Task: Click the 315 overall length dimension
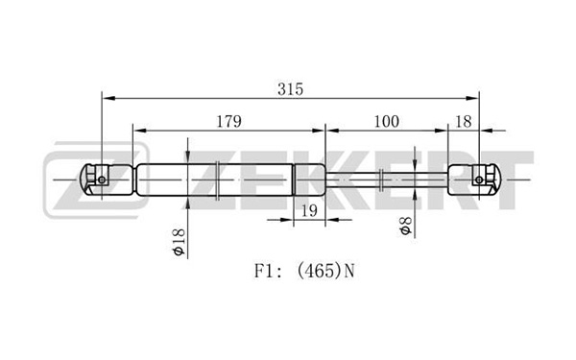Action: pyautogui.click(x=290, y=89)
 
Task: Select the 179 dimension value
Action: pyautogui.click(x=228, y=122)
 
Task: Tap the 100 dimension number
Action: pyautogui.click(x=386, y=122)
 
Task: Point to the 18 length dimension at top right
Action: pyautogui.click(x=464, y=122)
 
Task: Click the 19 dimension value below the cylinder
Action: pyautogui.click(x=309, y=211)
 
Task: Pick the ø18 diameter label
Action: pyautogui.click(x=179, y=242)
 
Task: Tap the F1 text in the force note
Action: pyautogui.click(x=265, y=272)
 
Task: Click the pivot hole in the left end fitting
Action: pyautogui.click(x=102, y=180)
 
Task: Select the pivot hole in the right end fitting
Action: pyautogui.click(x=479, y=180)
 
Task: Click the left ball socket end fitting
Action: pyautogui.click(x=106, y=180)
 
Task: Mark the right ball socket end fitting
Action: pyautogui.click(x=475, y=180)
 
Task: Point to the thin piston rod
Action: pyautogui.click(x=387, y=180)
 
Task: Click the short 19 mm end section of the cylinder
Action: pyautogui.click(x=309, y=180)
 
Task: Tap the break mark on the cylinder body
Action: pyautogui.click(x=218, y=180)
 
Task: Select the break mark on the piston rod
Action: pyautogui.click(x=382, y=180)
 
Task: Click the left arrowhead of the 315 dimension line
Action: pyautogui.click(x=108, y=99)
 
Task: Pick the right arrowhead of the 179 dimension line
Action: pyautogui.click(x=318, y=131)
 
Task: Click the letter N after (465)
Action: pyautogui.click(x=349, y=272)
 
